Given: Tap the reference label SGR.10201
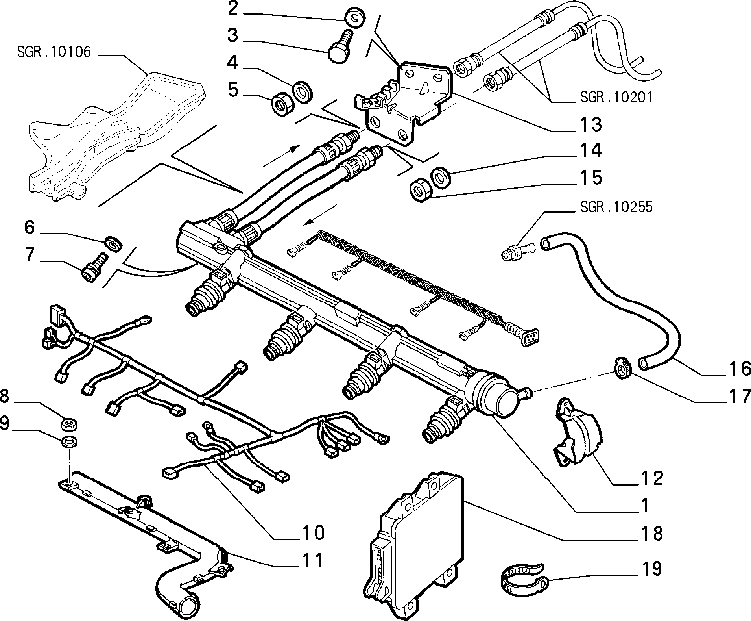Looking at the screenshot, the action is click(616, 97).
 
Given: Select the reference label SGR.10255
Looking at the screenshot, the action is click(616, 207).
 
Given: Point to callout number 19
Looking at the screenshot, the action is click(651, 569).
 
